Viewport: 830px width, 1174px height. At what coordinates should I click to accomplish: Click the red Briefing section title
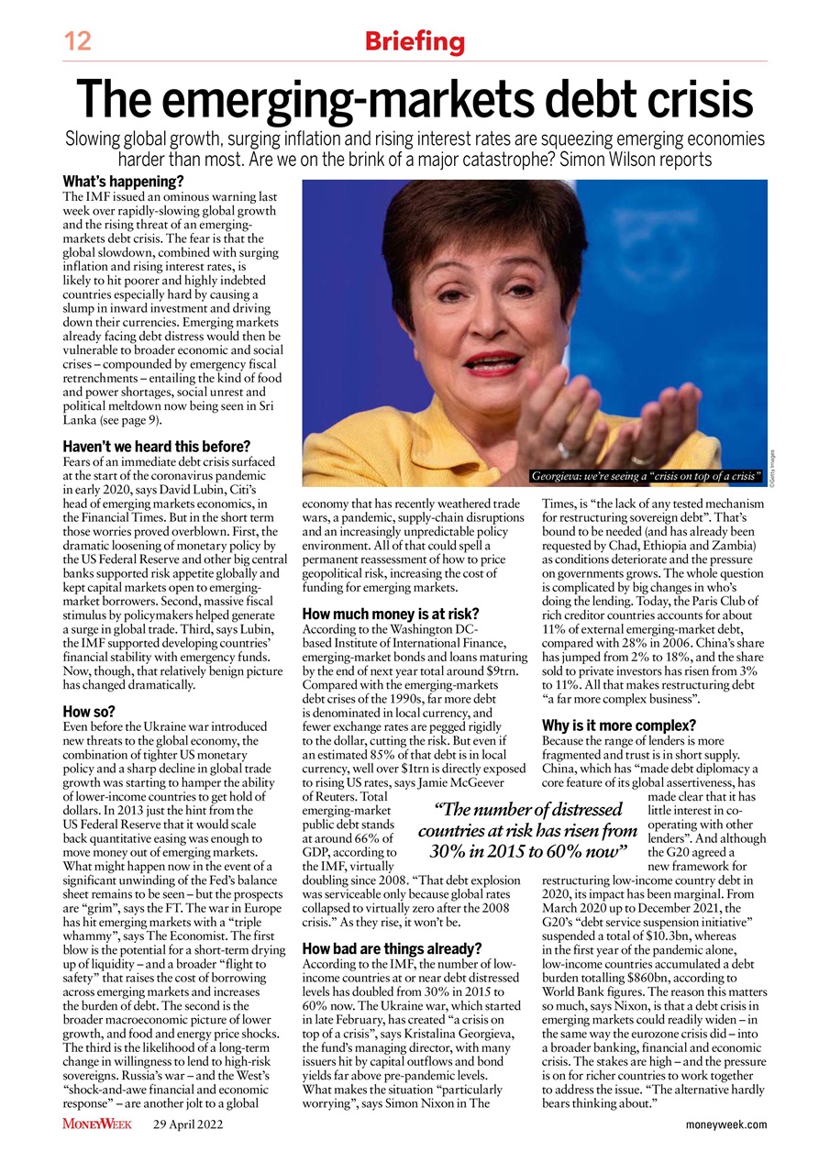coord(415,41)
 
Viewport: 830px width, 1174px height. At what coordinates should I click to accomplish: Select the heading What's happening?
coord(123,182)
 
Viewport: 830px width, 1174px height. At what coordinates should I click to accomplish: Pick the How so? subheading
coord(88,711)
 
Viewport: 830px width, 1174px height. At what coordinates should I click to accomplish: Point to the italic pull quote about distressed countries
coord(527,831)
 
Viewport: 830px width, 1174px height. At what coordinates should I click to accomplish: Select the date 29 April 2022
coord(188,1124)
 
